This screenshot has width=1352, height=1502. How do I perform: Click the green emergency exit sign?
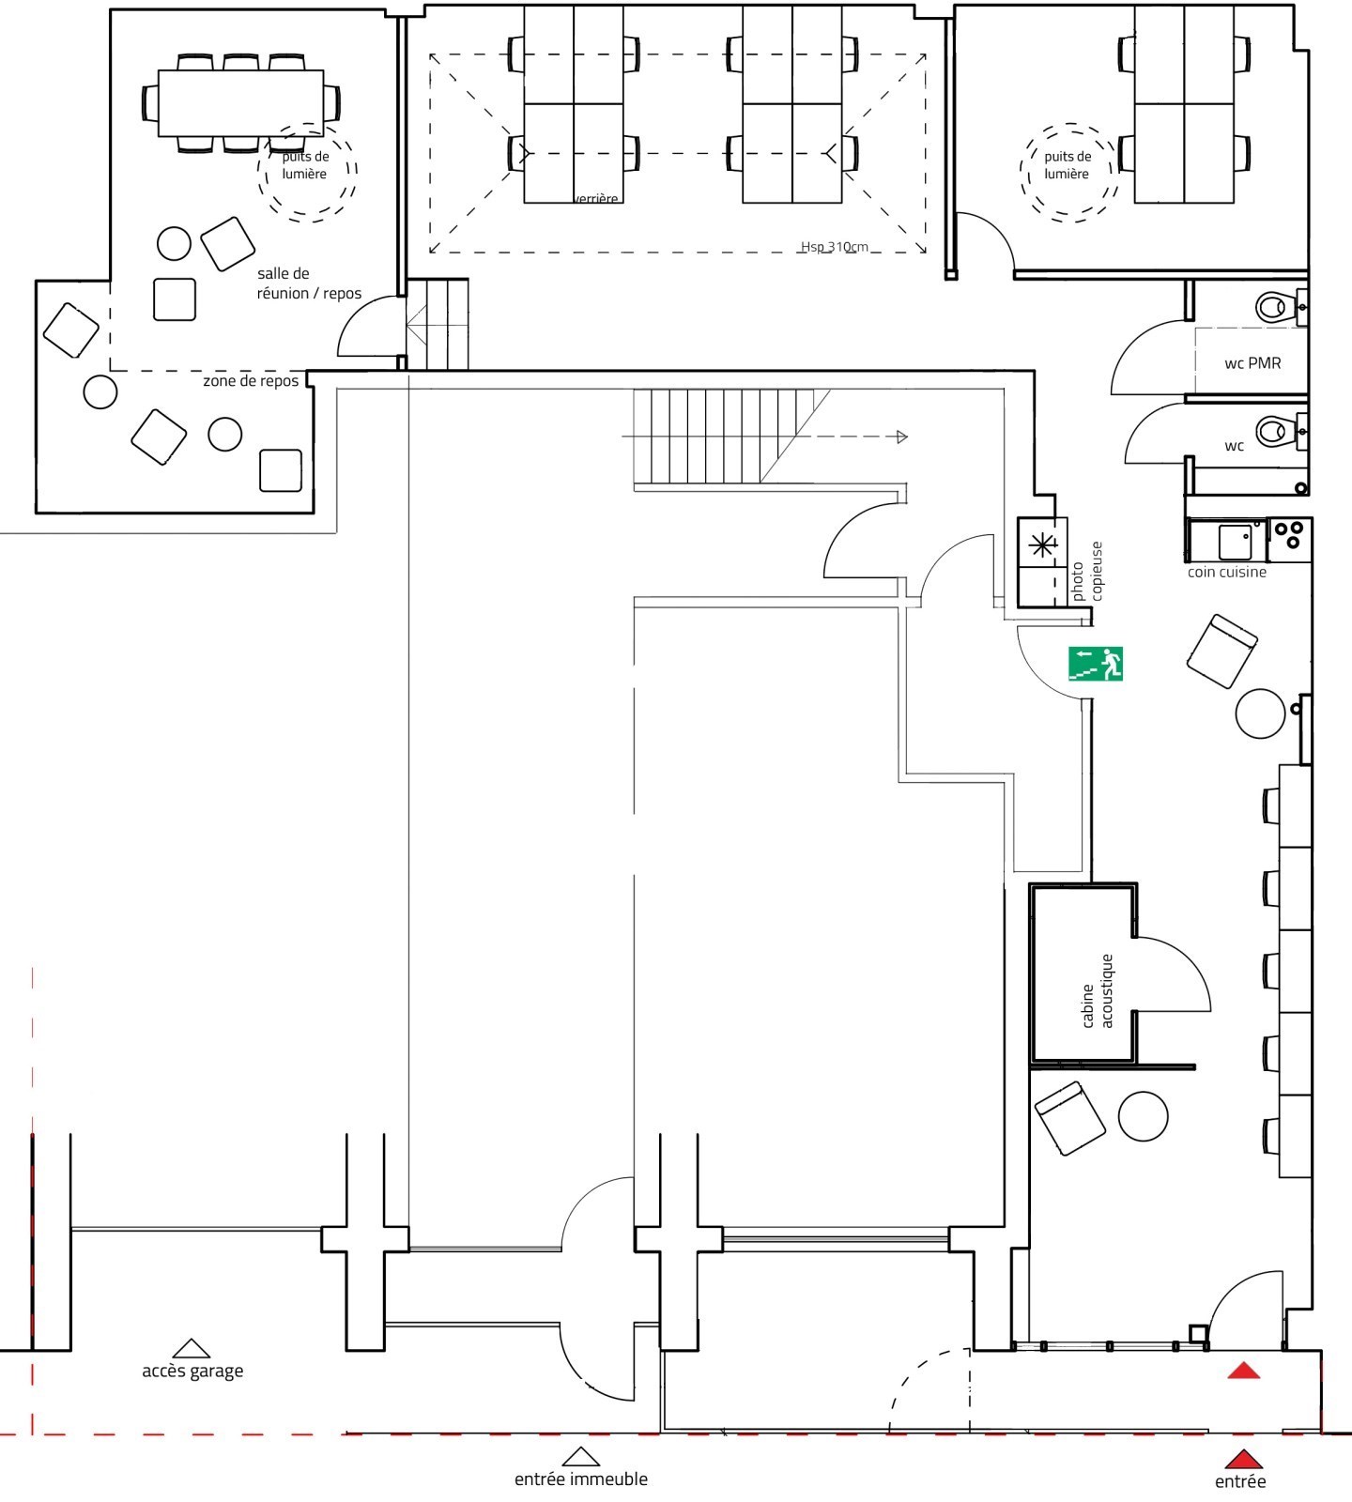tap(1096, 664)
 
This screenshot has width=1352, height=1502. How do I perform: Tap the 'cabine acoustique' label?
tap(1097, 991)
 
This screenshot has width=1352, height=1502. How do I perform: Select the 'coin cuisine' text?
tap(1226, 572)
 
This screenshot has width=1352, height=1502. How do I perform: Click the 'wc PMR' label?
tap(1252, 363)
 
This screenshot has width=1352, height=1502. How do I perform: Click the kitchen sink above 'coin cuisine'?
tap(1235, 542)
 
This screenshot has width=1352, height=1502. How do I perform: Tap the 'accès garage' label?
tap(192, 1372)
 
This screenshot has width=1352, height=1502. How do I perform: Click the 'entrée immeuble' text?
tap(581, 1479)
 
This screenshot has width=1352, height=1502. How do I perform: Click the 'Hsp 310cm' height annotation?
tap(834, 247)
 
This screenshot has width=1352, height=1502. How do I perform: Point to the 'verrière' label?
tap(596, 199)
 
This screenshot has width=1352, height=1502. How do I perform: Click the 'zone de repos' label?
tap(251, 381)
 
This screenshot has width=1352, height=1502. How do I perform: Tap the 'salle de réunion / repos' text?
tap(309, 284)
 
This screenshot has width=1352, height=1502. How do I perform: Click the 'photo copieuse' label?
tap(1087, 572)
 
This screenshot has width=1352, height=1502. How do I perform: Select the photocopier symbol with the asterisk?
tap(1042, 545)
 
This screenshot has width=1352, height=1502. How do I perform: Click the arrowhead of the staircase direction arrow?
tap(902, 437)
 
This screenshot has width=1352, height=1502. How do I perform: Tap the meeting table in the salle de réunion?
tap(241, 103)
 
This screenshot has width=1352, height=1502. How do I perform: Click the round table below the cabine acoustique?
tap(1143, 1116)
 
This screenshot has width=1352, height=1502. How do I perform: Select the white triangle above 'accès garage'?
tap(192, 1349)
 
